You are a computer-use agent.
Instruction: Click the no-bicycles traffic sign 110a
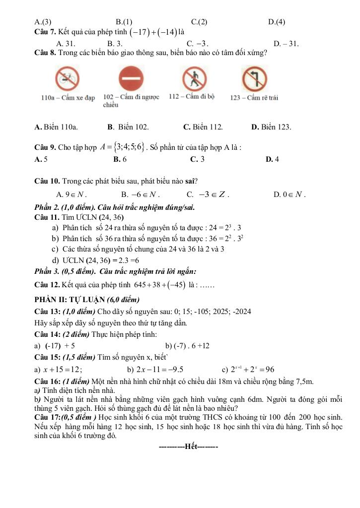[67, 78]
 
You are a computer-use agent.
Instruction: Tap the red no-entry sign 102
[131, 79]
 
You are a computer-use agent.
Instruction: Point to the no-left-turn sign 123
[254, 78]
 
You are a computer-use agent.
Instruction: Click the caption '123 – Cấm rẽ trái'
[254, 98]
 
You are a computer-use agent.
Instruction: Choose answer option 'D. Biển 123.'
[271, 127]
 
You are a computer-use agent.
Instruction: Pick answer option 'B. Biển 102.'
[128, 127]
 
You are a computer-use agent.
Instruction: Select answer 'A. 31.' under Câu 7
[66, 44]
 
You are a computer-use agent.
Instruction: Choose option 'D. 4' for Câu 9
[272, 159]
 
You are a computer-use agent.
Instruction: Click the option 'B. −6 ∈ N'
[140, 194]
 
